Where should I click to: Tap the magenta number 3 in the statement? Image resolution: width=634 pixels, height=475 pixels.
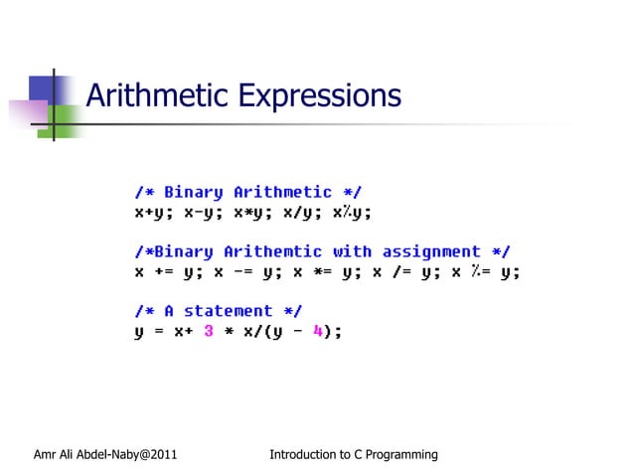(x=209, y=332)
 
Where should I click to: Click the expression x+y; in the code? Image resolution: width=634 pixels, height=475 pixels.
(x=154, y=212)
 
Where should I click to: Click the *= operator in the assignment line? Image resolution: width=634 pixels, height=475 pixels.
(x=322, y=271)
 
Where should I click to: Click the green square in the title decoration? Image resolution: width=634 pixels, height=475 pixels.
(x=65, y=118)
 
